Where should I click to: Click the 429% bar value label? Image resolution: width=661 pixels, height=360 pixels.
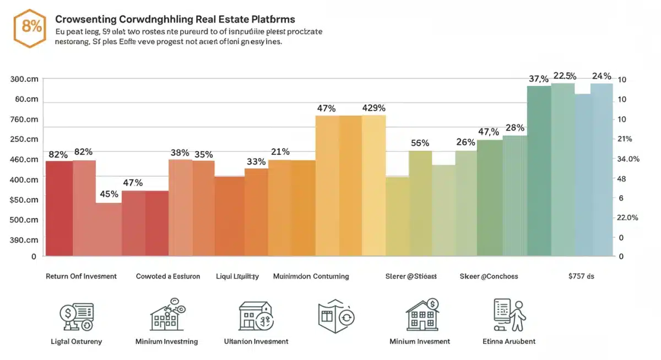373,108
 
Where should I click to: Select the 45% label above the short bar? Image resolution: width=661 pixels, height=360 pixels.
109,194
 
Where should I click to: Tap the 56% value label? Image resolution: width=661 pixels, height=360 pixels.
420,143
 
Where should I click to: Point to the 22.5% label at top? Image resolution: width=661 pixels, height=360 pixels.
565,76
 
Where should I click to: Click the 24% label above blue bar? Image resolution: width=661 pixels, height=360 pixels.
601,77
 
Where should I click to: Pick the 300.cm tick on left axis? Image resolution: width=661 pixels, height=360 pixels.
24,79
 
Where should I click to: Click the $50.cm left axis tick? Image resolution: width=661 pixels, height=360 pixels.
24,200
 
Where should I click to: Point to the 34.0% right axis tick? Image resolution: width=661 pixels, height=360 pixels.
629,159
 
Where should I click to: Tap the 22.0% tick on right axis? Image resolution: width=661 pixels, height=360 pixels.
627,217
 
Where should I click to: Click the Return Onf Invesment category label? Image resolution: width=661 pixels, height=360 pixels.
81,276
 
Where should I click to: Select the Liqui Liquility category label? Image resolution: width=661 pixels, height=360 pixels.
237,276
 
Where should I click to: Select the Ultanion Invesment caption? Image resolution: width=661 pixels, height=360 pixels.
256,341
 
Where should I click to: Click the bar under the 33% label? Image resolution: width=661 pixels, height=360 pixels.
256,212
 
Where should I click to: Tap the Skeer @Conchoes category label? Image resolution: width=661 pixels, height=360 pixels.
489,276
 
